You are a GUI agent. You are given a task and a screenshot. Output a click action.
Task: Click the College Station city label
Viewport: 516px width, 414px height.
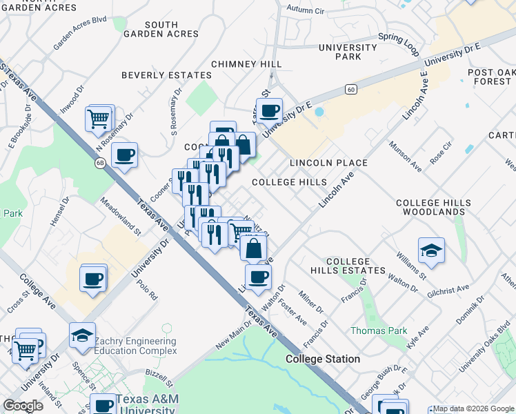click(x=323, y=359)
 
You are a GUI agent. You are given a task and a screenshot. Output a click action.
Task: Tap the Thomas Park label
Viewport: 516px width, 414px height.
click(x=379, y=331)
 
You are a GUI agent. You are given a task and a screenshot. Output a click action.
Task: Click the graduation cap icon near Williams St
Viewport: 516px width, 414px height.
click(x=431, y=250)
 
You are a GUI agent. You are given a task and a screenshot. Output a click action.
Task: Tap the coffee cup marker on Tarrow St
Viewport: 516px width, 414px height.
click(x=270, y=110)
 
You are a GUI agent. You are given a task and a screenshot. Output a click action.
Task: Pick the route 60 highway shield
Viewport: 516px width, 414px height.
click(x=351, y=89)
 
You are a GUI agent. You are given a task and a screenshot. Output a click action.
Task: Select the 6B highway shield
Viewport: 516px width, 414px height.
click(x=101, y=163)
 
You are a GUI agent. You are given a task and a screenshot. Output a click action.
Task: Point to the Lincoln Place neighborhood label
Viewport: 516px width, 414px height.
click(x=328, y=163)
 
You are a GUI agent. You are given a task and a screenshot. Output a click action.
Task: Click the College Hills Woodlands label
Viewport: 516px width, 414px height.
click(x=434, y=208)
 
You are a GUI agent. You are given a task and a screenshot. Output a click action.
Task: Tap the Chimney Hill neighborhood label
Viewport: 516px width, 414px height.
click(x=246, y=64)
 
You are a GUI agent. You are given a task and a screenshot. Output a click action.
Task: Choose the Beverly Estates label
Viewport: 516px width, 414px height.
click(x=166, y=75)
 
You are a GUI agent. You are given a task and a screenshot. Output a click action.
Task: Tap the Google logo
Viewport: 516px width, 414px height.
click(x=23, y=406)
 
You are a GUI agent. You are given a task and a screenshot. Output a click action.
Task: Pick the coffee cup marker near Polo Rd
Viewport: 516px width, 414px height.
click(x=92, y=280)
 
